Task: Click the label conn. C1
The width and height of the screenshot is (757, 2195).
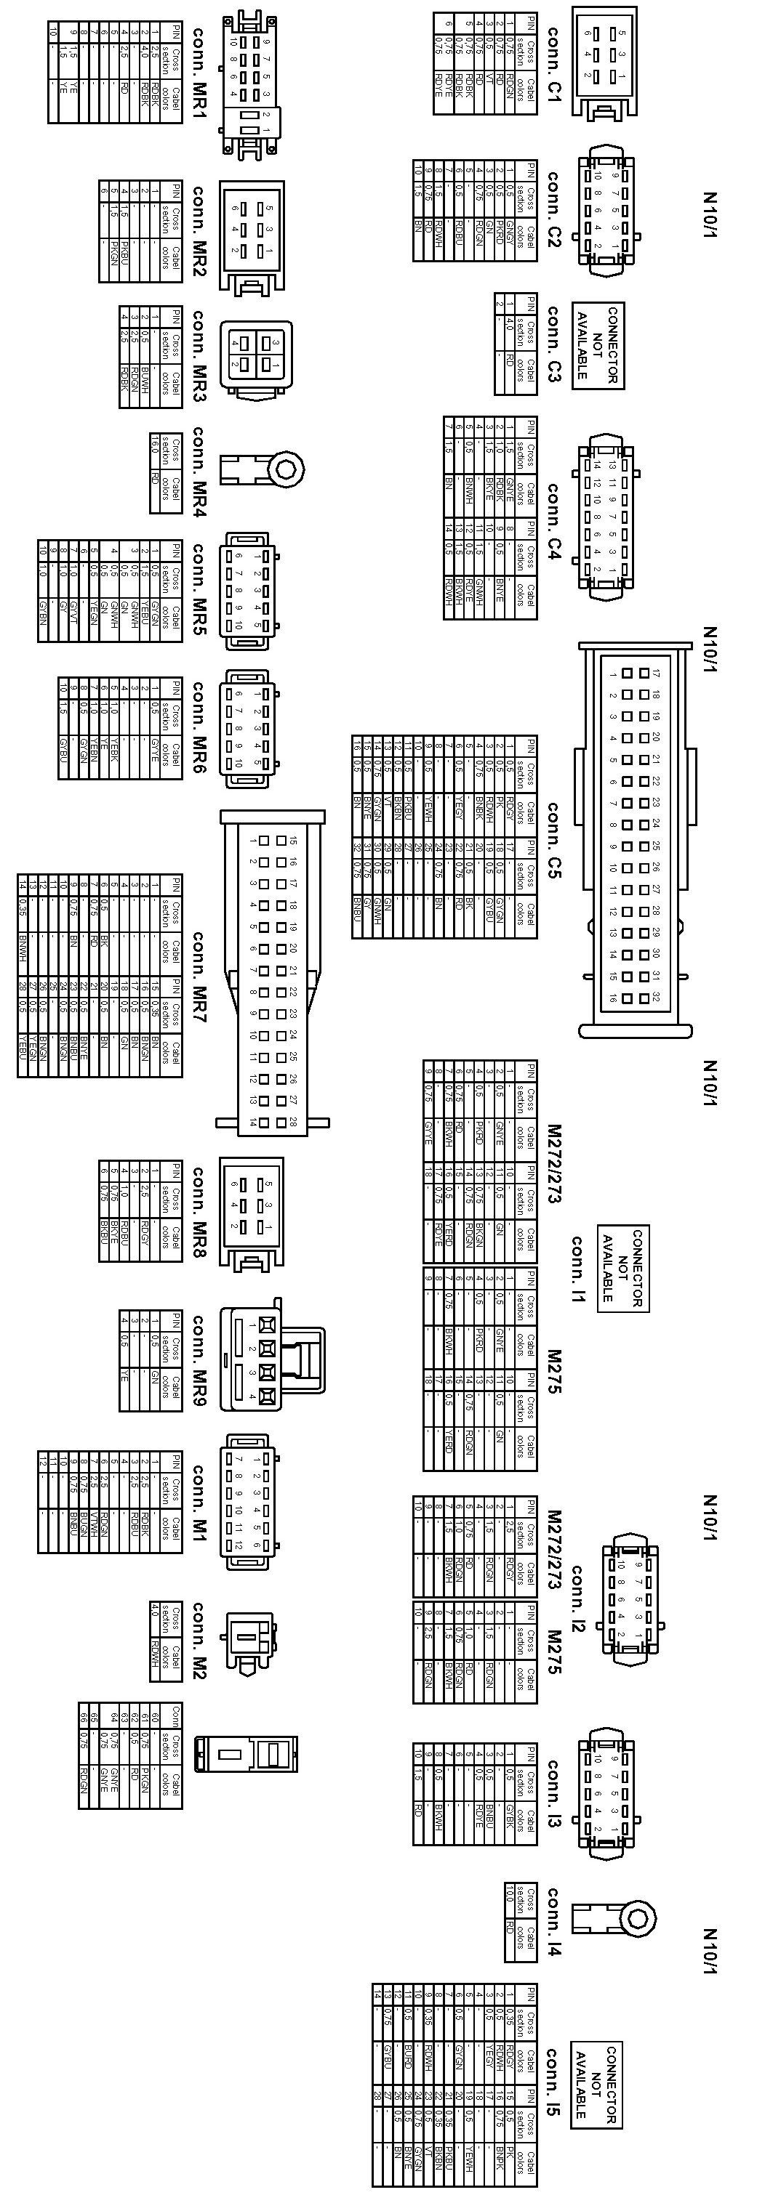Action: coord(553,65)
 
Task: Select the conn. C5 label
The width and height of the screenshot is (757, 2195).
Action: coord(553,839)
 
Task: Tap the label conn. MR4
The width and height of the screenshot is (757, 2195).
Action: coord(199,472)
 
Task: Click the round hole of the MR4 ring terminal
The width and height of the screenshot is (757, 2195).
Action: coord(287,469)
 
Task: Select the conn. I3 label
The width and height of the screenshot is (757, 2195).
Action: coord(553,1795)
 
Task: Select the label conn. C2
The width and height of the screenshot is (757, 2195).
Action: coord(553,209)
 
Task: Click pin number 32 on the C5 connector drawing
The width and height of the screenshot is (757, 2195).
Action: coord(655,997)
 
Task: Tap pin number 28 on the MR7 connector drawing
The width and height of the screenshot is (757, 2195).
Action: coord(292,1123)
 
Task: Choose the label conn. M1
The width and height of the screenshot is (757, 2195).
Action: coord(199,1503)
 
